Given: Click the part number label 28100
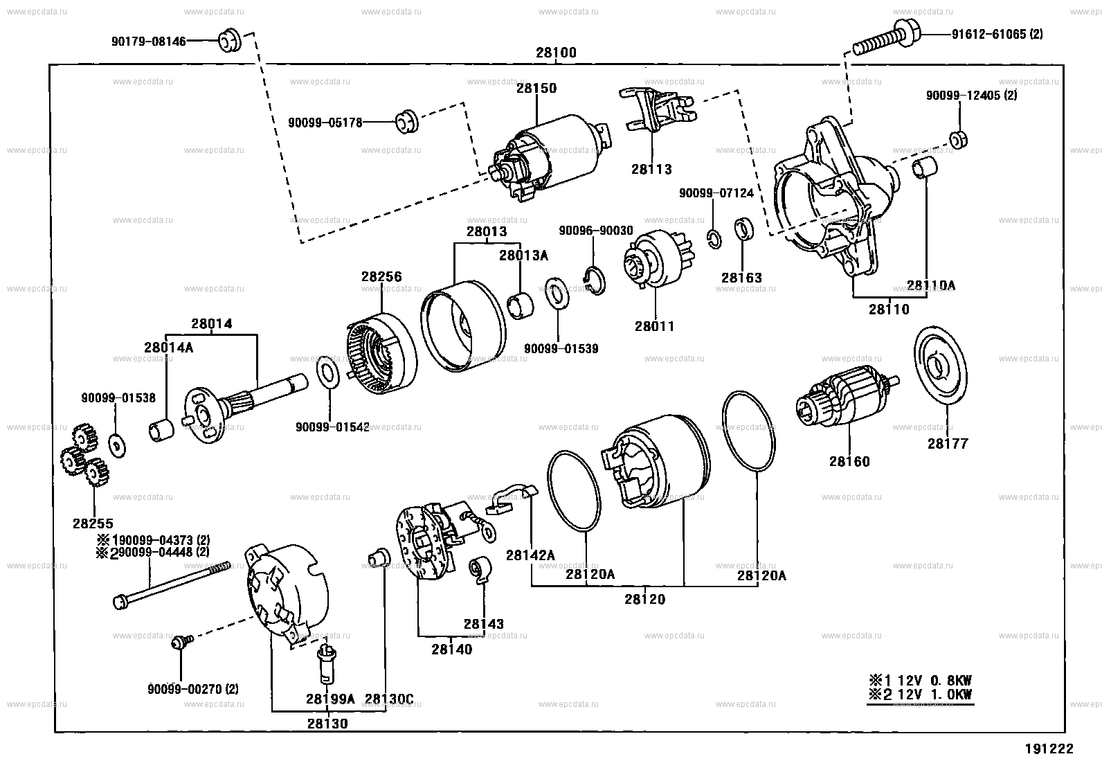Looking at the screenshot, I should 555,53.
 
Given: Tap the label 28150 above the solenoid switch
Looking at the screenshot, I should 536,88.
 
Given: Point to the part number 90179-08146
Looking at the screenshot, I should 149,42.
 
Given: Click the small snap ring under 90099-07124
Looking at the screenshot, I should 715,239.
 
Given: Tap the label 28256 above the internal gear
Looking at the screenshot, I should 381,276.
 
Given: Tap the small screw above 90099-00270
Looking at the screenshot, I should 179,643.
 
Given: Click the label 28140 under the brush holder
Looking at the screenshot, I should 451,650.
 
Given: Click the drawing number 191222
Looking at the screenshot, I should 1049,749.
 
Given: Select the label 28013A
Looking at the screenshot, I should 523,256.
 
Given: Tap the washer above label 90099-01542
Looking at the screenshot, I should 327,374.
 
